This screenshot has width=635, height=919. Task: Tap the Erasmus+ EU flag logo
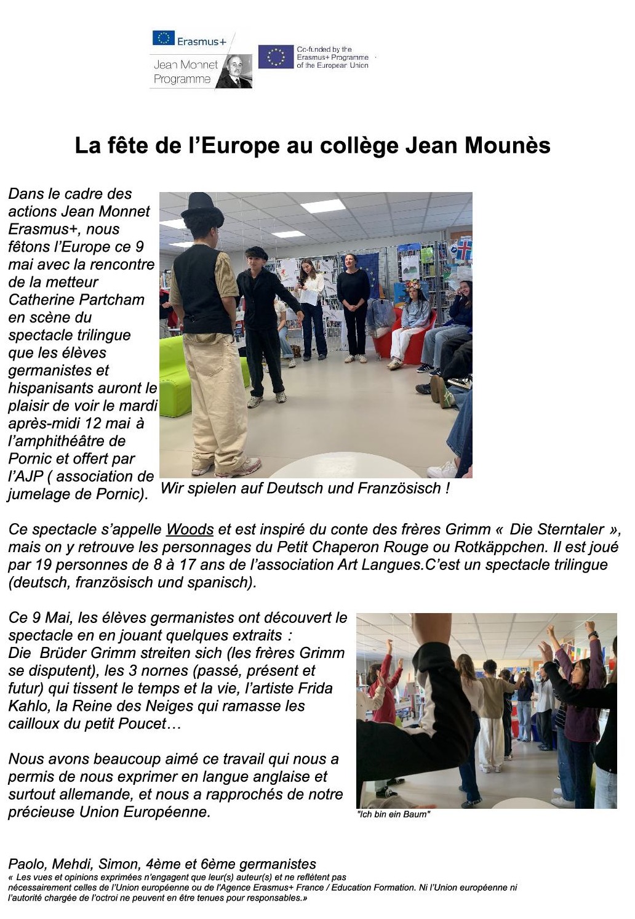coord(164,38)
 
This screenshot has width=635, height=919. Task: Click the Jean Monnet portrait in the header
coord(234,71)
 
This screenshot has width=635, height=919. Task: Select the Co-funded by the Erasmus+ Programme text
coord(332,57)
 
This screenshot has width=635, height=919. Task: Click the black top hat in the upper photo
coord(202,209)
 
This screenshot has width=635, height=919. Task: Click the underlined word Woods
coord(190,529)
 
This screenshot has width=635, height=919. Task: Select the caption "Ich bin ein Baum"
coord(393,814)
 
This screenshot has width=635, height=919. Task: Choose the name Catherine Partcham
coord(76,300)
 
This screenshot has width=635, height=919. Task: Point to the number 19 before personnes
coord(42,565)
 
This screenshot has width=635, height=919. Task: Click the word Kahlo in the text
coord(26,706)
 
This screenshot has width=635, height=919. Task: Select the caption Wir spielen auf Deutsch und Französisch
coord(305,488)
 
